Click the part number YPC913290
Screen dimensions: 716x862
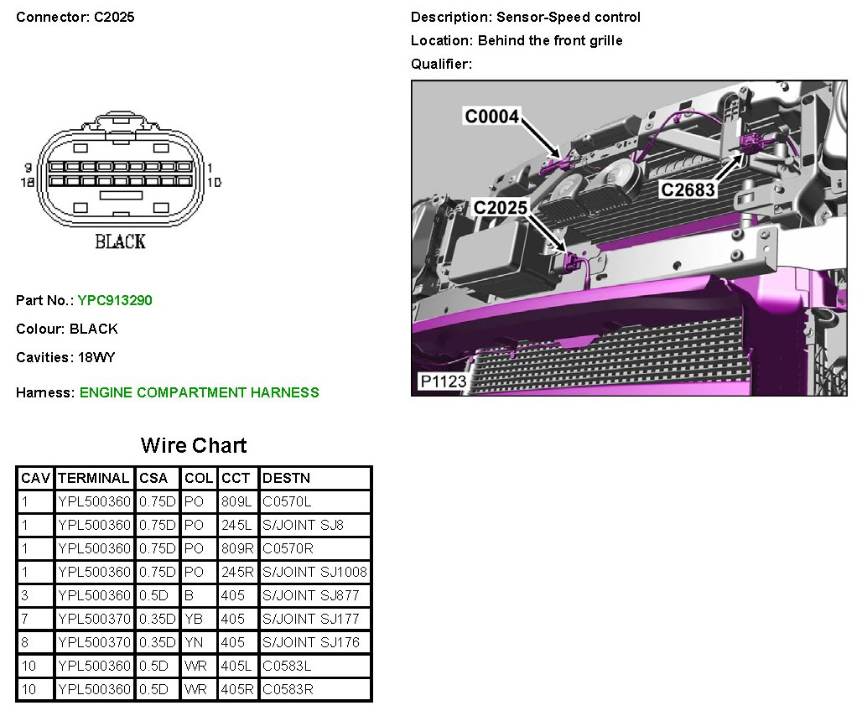click(115, 300)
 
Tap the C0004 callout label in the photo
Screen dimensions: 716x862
click(492, 117)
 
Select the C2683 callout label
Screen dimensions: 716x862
click(688, 189)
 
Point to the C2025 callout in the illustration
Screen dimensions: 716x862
click(501, 207)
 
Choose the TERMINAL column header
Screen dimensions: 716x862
click(94, 479)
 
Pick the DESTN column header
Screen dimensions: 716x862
click(287, 479)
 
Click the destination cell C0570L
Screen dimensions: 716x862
click(287, 502)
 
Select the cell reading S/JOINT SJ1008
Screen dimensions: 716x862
click(314, 573)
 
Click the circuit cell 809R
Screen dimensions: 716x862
click(235, 549)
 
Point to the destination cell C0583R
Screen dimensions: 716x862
click(288, 690)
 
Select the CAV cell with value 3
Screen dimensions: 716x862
click(25, 596)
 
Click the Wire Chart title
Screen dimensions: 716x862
click(194, 445)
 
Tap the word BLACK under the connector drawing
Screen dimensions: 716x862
click(120, 241)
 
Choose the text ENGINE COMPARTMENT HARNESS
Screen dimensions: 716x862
click(200, 392)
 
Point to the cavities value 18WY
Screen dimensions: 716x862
click(96, 357)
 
